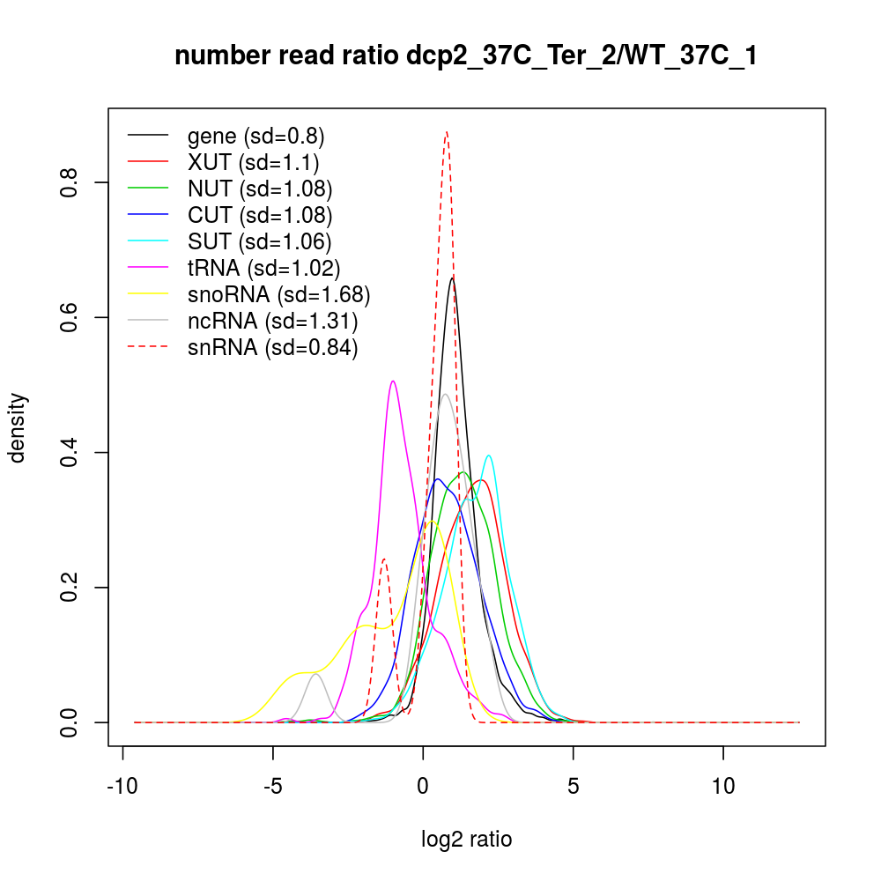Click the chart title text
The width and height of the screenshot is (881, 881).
(x=466, y=56)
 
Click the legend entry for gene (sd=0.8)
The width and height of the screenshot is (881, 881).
(x=255, y=136)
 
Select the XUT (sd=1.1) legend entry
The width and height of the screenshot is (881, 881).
(x=253, y=162)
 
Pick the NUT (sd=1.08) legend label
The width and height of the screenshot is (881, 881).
(x=260, y=189)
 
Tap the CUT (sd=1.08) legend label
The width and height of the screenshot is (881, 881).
(x=260, y=215)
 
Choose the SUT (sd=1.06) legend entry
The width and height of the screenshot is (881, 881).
(x=260, y=241)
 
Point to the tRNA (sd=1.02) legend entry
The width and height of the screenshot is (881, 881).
(x=263, y=268)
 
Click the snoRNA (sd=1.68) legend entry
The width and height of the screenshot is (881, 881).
(x=278, y=294)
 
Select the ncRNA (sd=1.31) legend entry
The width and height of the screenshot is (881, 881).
(x=272, y=321)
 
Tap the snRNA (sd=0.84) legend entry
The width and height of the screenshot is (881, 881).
(x=272, y=348)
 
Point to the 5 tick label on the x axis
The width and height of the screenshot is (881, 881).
(x=574, y=786)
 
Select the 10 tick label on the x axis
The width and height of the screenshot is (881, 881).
(x=723, y=786)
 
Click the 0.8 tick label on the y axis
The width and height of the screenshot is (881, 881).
(x=71, y=182)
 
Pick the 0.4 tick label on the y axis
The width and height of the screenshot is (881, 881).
(x=71, y=452)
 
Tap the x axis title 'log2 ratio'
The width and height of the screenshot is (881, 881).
(x=467, y=840)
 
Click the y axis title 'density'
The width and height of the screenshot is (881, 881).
(x=19, y=427)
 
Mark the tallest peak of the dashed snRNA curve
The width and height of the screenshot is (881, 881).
(x=447, y=132)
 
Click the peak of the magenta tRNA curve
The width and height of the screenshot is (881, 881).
(x=393, y=381)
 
